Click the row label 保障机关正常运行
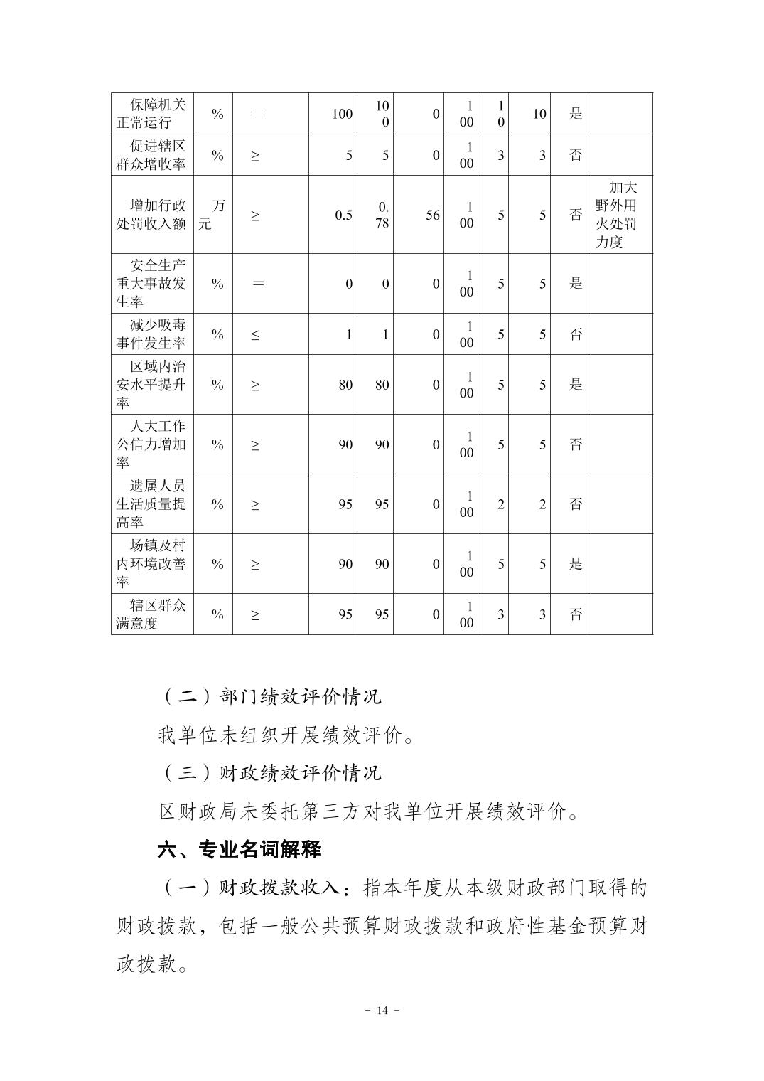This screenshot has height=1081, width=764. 151,114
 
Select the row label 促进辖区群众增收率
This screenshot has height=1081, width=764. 151,155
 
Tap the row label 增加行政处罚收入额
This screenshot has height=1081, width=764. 151,215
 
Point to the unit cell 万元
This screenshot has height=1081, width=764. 212,215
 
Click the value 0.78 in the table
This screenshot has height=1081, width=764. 383,215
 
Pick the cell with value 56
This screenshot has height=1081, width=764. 432,215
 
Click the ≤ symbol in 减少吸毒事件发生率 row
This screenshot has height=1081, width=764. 255,334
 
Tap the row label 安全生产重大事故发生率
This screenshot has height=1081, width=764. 151,283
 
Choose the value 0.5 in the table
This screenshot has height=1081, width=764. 343,215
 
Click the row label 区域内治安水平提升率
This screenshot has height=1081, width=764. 151,385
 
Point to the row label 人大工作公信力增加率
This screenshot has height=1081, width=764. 151,444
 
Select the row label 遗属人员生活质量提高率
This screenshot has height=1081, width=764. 151,504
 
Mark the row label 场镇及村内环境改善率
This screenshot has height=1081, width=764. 151,564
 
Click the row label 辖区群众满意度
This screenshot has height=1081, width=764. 151,614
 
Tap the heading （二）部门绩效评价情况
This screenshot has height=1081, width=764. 270,696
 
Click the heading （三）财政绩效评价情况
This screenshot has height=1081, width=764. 270,772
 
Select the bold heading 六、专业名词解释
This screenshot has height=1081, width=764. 240,849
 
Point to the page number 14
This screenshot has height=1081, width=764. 382,1011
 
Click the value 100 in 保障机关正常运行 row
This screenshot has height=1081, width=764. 342,114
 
